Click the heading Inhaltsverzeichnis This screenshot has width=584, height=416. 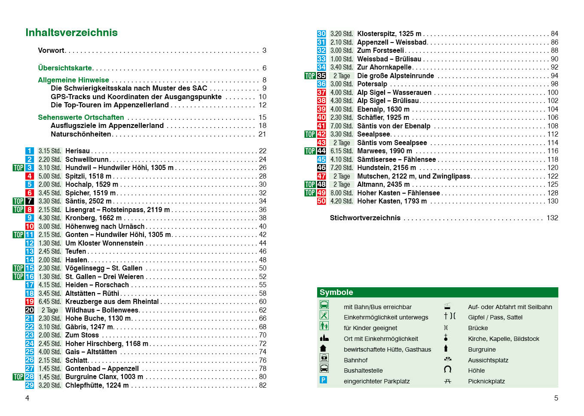click(71, 33)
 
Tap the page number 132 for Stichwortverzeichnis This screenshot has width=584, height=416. click(552, 218)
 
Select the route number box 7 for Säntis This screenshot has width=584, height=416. click(29, 201)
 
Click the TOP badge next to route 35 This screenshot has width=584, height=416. click(310, 76)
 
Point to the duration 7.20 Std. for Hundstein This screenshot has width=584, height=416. click(342, 168)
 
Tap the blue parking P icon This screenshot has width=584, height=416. click(324, 380)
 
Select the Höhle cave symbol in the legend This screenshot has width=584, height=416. click(447, 370)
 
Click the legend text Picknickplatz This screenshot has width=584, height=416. click(486, 381)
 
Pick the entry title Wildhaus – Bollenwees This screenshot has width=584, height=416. click(102, 310)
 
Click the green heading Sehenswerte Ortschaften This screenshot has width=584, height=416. click(81, 118)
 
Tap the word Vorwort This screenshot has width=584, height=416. click(51, 51)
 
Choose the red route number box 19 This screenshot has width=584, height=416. click(29, 302)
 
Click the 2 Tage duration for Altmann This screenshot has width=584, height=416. click(342, 185)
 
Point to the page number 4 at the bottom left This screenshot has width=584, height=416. click(27, 398)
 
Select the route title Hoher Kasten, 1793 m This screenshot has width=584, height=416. click(392, 201)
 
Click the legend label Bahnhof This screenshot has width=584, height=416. click(355, 360)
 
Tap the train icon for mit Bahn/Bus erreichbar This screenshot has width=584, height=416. click(324, 305)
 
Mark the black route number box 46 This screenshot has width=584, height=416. click(321, 168)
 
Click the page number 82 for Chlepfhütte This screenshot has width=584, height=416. click(263, 386)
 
